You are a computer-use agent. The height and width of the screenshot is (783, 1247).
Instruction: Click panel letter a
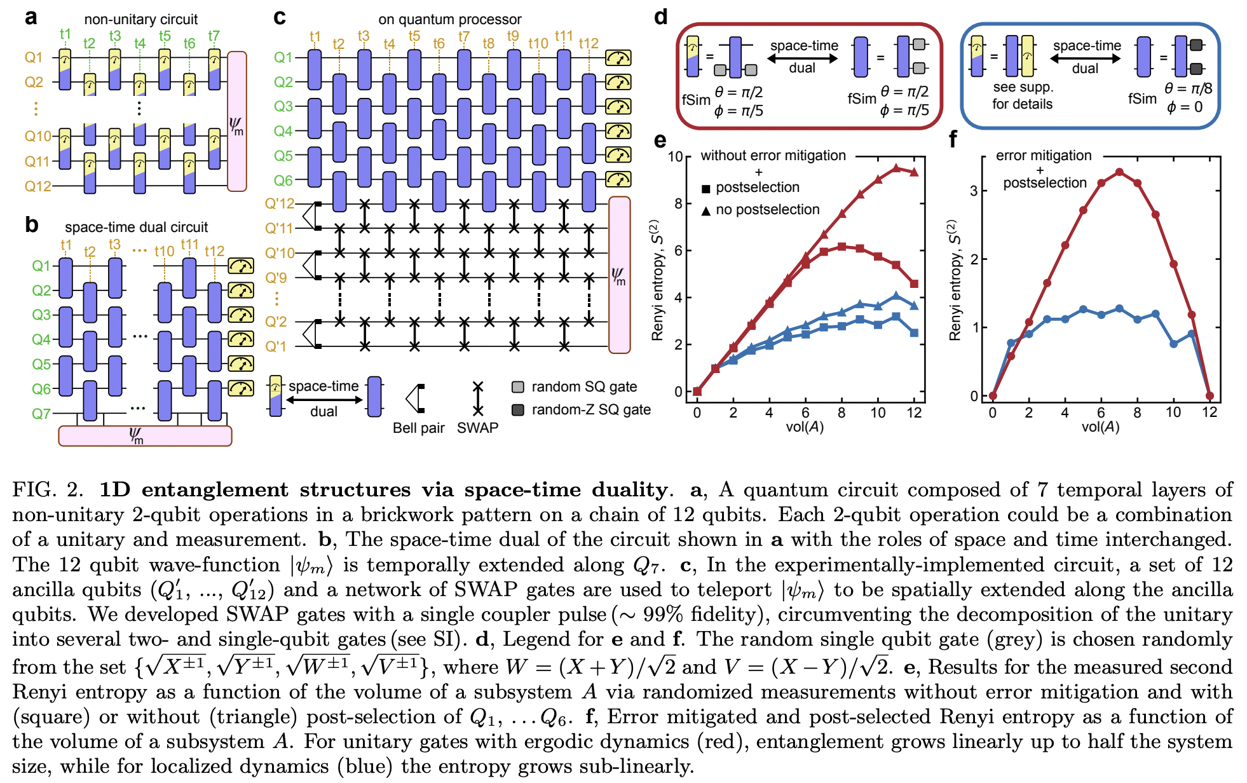tap(31, 18)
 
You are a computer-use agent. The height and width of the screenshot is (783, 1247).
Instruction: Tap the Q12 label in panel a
tap(37, 186)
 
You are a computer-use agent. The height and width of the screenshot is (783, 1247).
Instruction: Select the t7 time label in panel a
tap(214, 36)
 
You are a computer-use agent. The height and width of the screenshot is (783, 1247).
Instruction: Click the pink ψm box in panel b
tap(145, 436)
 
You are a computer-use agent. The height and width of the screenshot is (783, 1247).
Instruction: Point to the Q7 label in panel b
tap(41, 414)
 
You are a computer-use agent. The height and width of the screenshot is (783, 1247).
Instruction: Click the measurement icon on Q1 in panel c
tap(618, 58)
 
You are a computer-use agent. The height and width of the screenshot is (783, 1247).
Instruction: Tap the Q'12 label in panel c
tap(280, 204)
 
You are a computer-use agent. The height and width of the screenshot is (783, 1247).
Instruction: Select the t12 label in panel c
tap(589, 43)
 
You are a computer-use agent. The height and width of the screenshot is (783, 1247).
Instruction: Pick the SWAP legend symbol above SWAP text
tap(478, 398)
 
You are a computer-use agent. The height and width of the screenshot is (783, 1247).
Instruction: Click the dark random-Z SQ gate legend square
tap(518, 410)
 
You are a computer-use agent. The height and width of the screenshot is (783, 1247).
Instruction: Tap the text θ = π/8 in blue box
tap(1188, 89)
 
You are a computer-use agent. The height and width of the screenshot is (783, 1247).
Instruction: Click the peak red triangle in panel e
tap(896, 168)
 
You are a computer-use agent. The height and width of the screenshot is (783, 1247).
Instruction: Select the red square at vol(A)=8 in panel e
tap(842, 247)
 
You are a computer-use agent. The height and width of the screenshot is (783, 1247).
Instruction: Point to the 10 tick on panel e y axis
tap(676, 156)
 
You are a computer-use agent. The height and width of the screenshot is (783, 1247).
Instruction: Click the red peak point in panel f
tap(1119, 172)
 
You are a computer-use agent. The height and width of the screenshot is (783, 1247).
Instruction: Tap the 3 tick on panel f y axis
tap(974, 191)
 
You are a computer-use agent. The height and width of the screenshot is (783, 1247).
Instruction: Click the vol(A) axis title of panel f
tap(1100, 427)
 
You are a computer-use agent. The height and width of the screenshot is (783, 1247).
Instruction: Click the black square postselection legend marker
tap(705, 189)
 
